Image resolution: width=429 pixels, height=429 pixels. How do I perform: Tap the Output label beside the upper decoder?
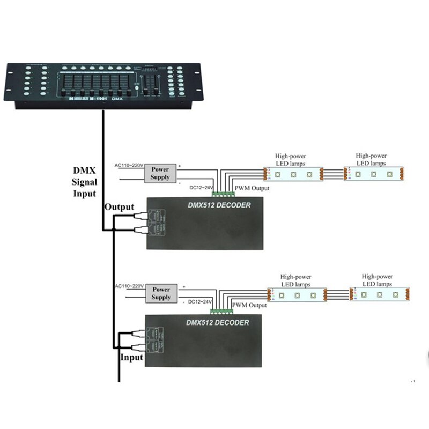click(x=119, y=207)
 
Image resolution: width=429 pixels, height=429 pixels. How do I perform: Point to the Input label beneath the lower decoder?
click(x=132, y=357)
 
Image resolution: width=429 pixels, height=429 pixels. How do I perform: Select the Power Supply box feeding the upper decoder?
click(x=160, y=173)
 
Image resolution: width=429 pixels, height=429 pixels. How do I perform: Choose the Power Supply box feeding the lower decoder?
click(x=161, y=293)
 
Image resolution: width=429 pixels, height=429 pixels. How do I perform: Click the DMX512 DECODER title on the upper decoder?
click(x=218, y=205)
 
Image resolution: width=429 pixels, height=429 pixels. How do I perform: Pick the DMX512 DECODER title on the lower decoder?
click(x=217, y=322)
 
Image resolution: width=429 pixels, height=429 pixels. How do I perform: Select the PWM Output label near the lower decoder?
click(x=249, y=305)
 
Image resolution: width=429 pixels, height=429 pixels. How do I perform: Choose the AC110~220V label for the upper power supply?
click(x=129, y=165)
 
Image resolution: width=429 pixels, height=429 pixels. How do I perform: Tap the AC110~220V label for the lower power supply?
click(x=129, y=286)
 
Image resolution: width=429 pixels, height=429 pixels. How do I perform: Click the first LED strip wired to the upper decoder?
click(x=293, y=174)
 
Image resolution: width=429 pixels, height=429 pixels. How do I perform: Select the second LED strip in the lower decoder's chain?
click(x=379, y=294)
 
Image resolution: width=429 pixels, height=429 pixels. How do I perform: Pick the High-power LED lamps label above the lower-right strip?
click(x=377, y=280)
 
